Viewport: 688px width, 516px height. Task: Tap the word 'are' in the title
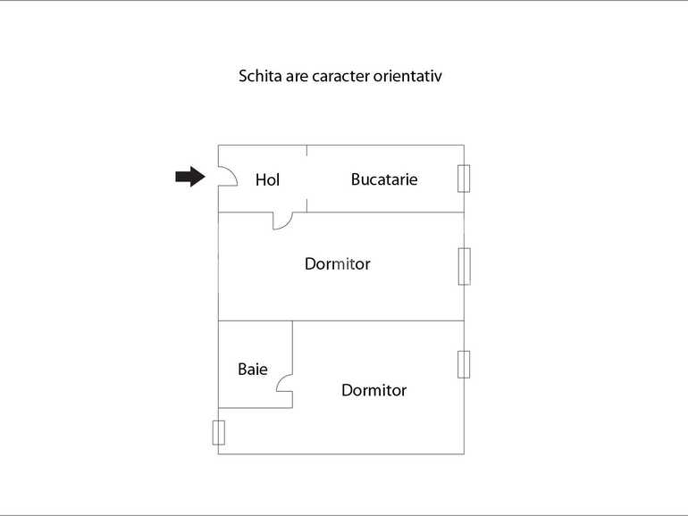(x=297, y=77)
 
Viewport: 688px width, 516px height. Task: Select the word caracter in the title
(x=340, y=76)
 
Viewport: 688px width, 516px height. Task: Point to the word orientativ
(x=407, y=76)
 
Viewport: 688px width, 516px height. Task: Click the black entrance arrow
(x=190, y=177)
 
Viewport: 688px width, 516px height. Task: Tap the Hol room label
(x=267, y=179)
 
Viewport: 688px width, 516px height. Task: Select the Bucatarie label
(x=384, y=179)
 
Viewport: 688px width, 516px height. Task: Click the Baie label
(x=253, y=369)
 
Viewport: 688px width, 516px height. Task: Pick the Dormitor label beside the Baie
(x=373, y=390)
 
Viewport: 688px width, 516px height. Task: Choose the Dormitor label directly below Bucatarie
(x=338, y=264)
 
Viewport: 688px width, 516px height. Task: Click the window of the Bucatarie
(x=464, y=179)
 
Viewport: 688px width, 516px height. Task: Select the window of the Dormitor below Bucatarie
(x=465, y=267)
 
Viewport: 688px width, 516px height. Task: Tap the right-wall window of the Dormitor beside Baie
(x=464, y=364)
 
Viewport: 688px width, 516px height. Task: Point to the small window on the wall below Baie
(x=219, y=433)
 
